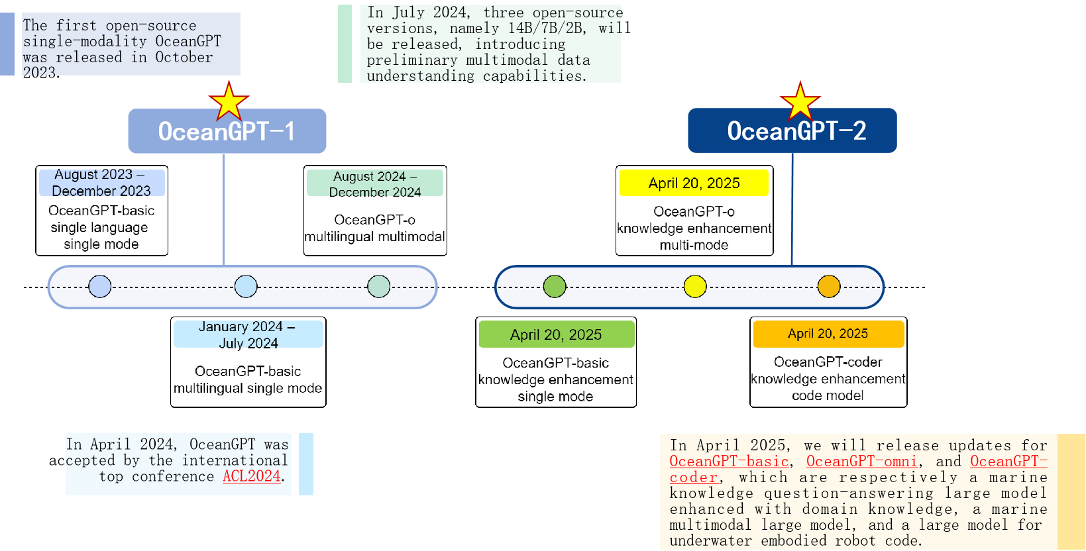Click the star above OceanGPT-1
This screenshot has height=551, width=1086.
tap(229, 101)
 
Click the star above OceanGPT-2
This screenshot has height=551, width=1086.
tap(800, 101)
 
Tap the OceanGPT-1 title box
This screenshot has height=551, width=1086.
tap(227, 131)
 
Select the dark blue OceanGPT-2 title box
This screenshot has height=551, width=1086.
tap(792, 130)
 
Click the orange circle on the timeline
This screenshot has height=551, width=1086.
tap(828, 286)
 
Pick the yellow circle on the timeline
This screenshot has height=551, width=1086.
tap(695, 286)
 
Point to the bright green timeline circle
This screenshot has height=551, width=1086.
tap(555, 286)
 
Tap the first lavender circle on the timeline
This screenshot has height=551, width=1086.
tap(100, 286)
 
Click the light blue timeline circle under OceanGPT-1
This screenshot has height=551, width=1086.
tap(246, 286)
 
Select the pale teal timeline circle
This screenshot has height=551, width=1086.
tap(378, 286)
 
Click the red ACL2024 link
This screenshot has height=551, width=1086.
tap(252, 476)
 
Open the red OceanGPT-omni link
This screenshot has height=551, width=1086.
tap(861, 461)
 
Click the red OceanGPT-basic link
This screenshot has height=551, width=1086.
tap(729, 461)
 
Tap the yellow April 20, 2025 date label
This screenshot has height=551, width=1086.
tap(694, 183)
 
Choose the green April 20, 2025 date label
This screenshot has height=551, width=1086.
tap(556, 334)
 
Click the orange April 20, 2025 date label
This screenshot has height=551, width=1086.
tap(828, 333)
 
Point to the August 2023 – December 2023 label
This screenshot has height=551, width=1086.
tap(101, 182)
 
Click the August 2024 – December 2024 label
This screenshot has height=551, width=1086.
tap(375, 183)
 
